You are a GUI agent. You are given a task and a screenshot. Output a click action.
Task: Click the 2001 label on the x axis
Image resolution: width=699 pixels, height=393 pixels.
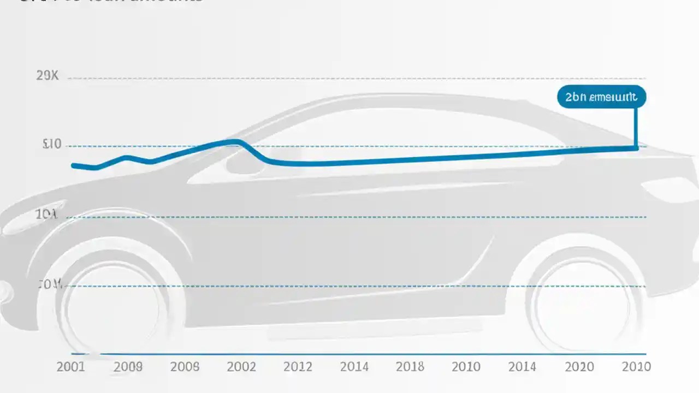tap(71, 367)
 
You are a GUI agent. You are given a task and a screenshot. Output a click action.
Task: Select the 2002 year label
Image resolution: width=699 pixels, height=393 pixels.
tap(241, 367)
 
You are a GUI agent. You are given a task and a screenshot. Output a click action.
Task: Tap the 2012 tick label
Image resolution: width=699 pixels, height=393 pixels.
tap(298, 367)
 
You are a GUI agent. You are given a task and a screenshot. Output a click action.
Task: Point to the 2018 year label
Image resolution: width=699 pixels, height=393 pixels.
tap(410, 367)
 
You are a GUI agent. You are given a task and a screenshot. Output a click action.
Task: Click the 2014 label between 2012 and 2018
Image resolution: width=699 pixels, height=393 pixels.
tap(354, 367)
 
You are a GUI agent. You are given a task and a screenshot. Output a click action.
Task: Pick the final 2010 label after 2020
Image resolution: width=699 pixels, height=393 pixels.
tap(636, 367)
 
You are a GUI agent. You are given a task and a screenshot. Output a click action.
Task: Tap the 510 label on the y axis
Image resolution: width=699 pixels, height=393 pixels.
tap(52, 145)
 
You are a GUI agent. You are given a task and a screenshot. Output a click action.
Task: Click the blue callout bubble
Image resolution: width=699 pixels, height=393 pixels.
tap(601, 97)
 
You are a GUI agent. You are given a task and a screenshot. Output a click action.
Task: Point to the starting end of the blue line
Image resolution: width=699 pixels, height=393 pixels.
tap(73, 165)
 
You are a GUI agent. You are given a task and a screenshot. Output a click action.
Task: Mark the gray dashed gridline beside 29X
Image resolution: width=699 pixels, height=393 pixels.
tap(355, 79)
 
